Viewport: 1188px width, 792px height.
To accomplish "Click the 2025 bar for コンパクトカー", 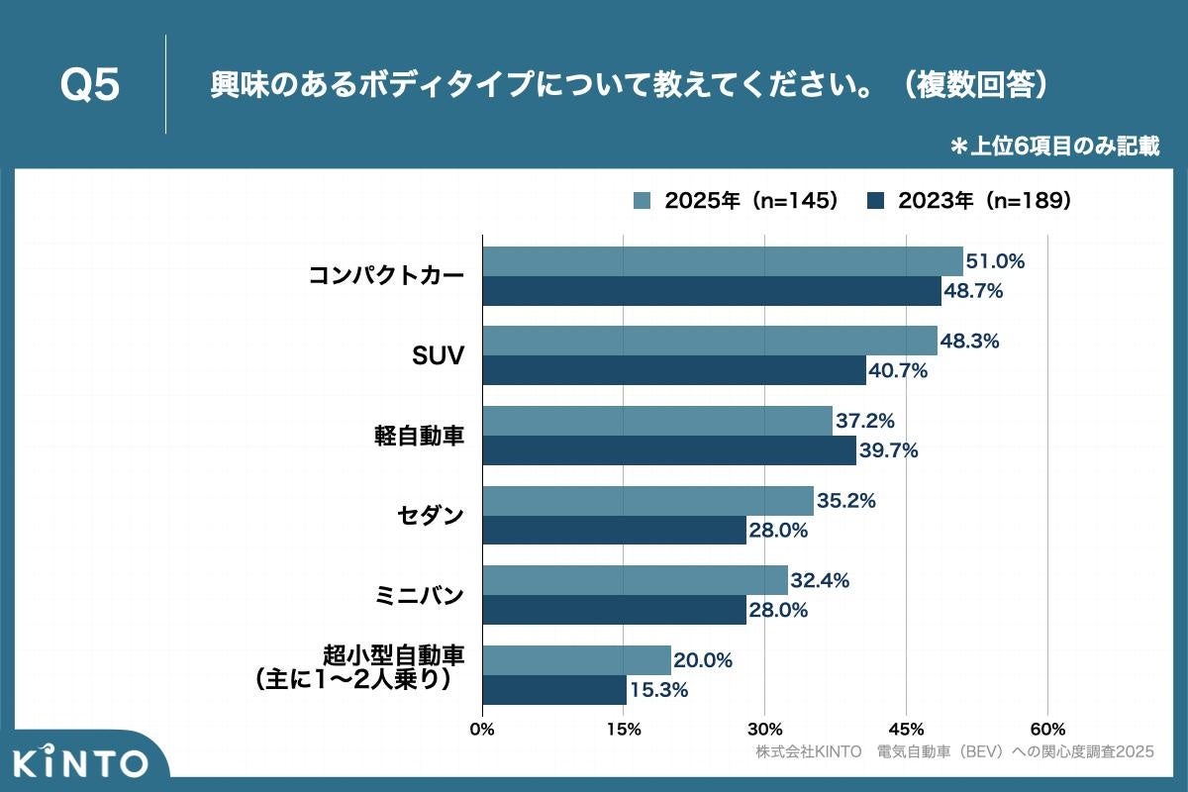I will coord(723,261).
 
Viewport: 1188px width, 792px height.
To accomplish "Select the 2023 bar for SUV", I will coord(674,370).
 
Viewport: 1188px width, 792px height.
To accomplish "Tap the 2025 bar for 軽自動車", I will coord(657,421).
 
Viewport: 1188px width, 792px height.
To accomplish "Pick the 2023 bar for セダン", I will coord(615,530).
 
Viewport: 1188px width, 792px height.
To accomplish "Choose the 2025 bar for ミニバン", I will coord(636,580).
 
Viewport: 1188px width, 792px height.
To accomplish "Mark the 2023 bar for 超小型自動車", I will coord(554,690).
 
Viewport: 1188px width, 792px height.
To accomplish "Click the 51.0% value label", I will coord(996,261).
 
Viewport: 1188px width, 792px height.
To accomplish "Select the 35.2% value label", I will coord(846,501).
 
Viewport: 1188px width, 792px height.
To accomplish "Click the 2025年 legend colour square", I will coord(642,201).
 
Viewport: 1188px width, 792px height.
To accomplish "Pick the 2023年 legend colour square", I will coord(875,201).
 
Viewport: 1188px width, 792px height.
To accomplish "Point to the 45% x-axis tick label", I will coord(906,730).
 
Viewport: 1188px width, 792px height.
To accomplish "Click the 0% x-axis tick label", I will coord(482,730).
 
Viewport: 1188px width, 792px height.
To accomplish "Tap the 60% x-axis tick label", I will coord(1047,730).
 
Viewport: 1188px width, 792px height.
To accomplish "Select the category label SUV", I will coord(437,355).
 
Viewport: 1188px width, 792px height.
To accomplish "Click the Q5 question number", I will coord(90,86).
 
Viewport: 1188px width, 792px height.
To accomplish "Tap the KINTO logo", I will coord(81,762).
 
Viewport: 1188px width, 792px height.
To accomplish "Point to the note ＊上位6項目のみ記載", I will coord(1054,147).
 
